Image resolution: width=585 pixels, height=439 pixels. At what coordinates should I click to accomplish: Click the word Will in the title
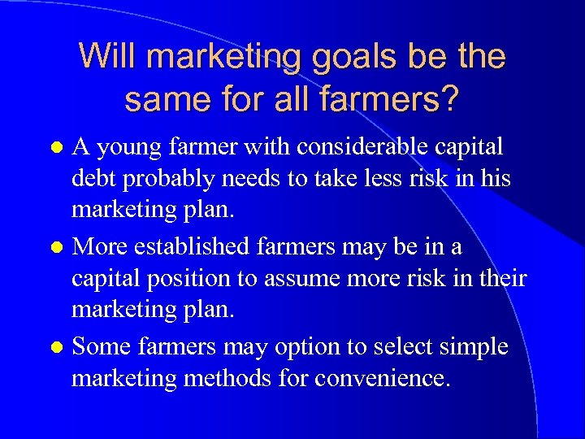(x=107, y=56)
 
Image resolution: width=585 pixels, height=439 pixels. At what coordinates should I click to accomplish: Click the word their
(x=501, y=278)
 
